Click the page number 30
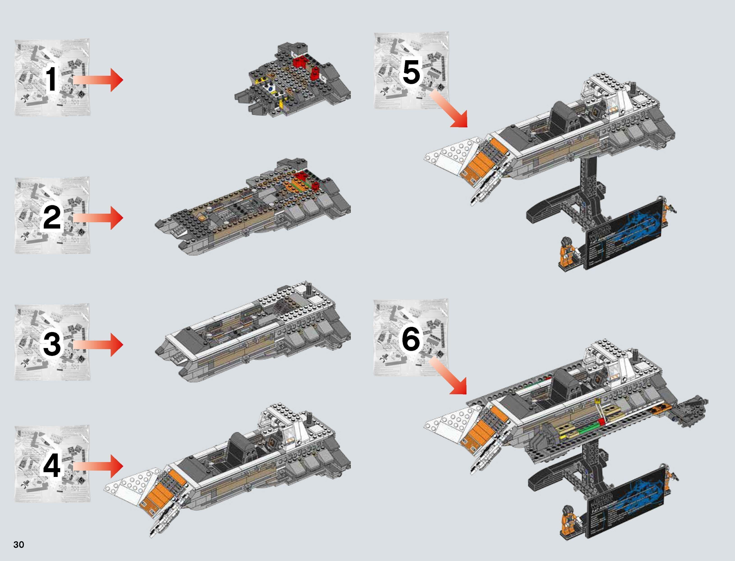click(x=19, y=545)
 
